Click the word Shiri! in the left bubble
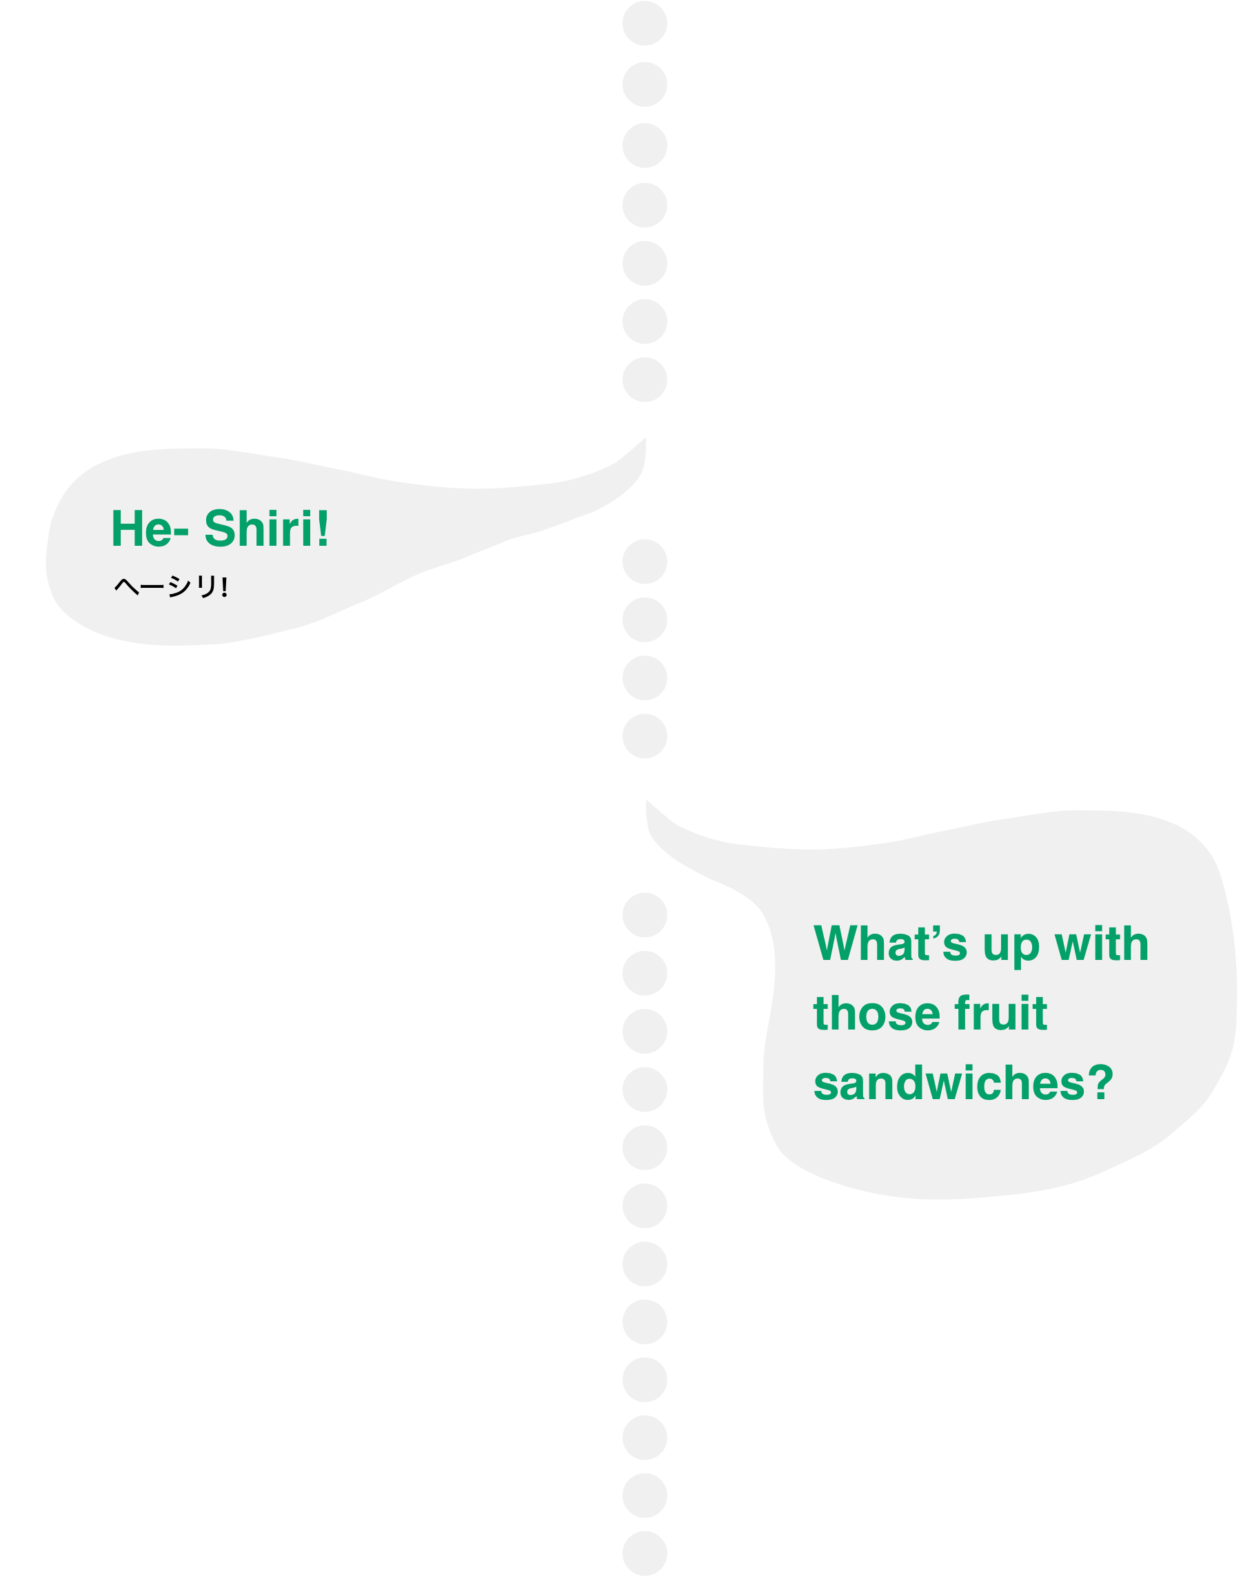tap(266, 529)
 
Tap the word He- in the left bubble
tap(150, 529)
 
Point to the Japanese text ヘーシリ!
tap(172, 586)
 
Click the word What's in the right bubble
tap(891, 944)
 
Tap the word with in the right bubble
tap(1102, 944)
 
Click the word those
tap(876, 1014)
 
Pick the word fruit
tap(1000, 1013)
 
